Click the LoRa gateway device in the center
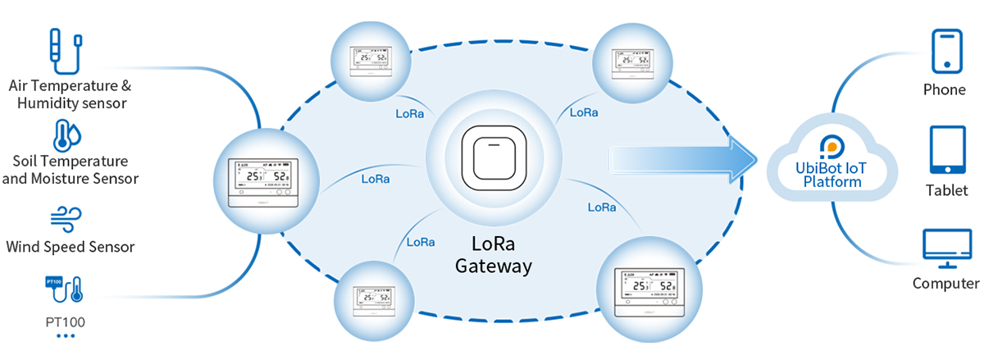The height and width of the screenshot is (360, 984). pyautogui.click(x=491, y=157)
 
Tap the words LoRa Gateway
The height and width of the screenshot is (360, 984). pyautogui.click(x=494, y=255)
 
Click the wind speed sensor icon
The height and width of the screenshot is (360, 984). pyautogui.click(x=67, y=219)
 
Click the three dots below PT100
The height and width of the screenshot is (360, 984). pyautogui.click(x=66, y=336)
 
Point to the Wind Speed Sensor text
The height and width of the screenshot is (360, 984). pyautogui.click(x=70, y=247)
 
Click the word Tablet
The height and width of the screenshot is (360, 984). pyautogui.click(x=947, y=190)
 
